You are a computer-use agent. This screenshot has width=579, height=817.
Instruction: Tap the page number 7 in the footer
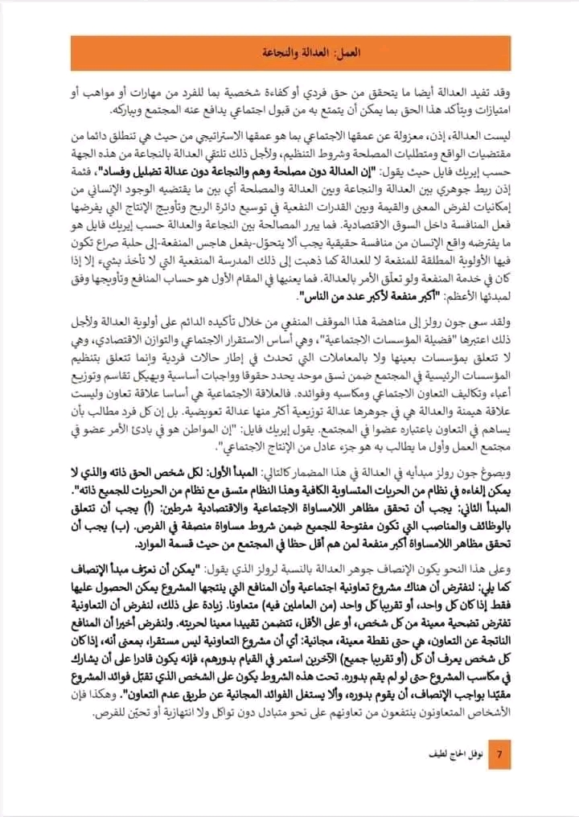pos(499,756)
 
